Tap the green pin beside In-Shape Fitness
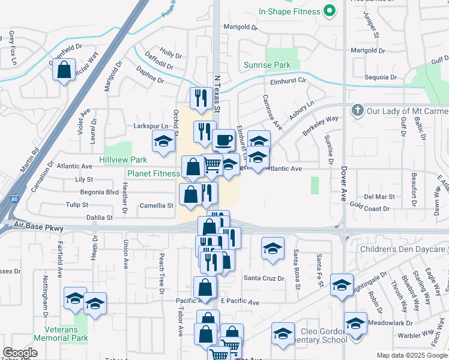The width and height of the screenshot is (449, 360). [329, 11]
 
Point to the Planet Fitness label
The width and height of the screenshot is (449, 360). [154, 174]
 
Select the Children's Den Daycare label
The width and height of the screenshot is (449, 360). [403, 249]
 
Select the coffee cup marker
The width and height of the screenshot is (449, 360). [223, 140]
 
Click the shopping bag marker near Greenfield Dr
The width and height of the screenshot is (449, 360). [64, 70]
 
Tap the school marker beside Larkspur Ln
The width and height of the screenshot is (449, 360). [163, 141]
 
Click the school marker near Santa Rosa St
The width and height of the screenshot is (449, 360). [273, 248]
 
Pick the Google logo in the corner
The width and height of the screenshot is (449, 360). [20, 353]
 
